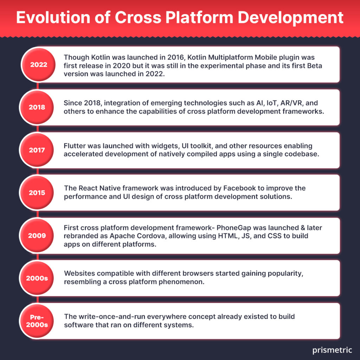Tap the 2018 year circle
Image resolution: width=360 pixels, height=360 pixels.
tap(37, 107)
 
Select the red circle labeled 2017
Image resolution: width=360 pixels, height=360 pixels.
tap(37, 150)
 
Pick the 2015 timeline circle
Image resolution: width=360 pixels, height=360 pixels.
tap(37, 193)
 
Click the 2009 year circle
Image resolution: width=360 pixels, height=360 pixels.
tap(37, 236)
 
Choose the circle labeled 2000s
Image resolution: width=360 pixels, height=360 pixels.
tap(37, 278)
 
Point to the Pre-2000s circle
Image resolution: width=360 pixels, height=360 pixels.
tap(37, 321)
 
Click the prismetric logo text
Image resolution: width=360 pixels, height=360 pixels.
tap(332, 351)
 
